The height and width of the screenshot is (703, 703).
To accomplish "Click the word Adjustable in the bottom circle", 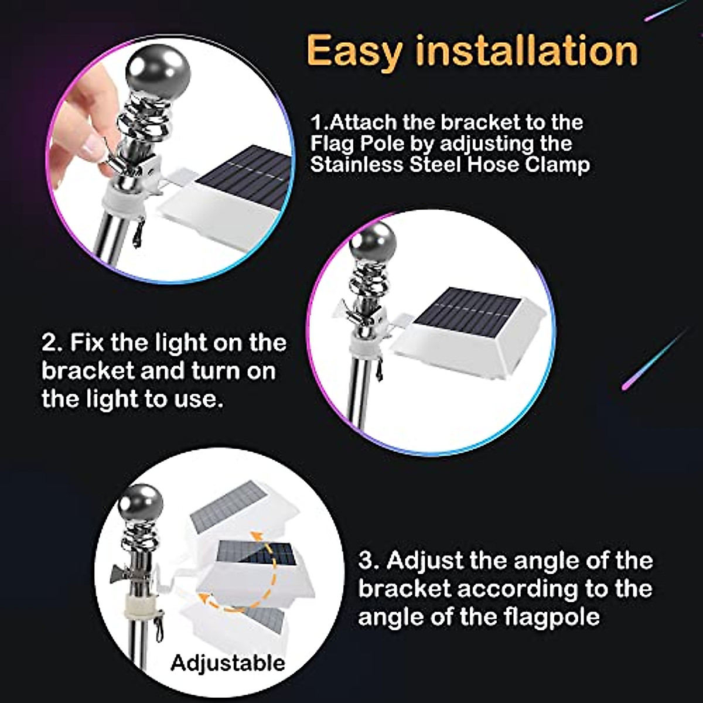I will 227,663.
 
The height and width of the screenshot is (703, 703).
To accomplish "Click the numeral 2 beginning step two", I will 49,343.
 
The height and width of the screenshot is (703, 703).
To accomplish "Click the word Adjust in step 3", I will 425,561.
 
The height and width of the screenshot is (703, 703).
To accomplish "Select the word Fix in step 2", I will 87,343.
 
